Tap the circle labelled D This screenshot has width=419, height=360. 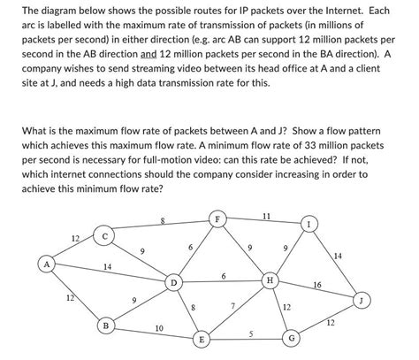[174, 283]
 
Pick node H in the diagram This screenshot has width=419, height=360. [270, 280]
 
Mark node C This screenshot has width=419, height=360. [105, 236]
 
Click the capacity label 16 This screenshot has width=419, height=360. [317, 285]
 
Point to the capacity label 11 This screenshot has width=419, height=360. [266, 215]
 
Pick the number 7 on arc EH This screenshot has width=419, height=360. [232, 306]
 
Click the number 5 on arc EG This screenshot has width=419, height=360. [250, 333]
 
